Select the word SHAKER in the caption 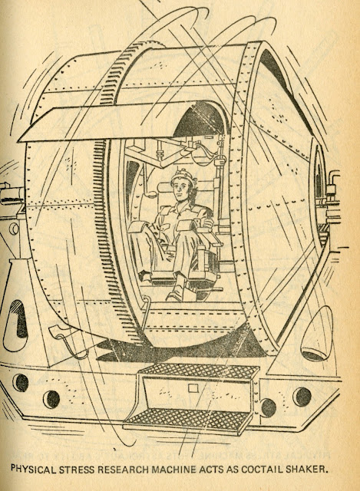[x=306, y=469]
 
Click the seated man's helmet [x=183, y=176]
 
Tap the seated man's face [x=180, y=190]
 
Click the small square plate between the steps [x=193, y=388]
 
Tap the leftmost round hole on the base [x=21, y=382]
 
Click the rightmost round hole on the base [x=302, y=397]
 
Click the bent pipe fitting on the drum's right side [x=332, y=182]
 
